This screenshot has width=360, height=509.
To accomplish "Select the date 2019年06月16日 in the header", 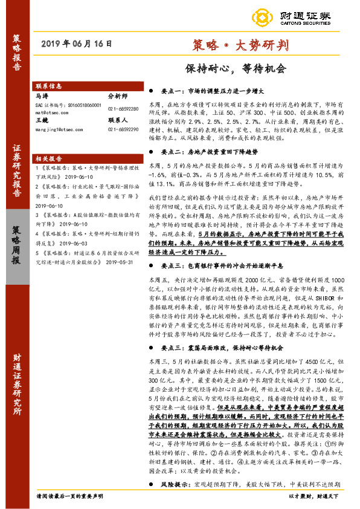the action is [x=78, y=44].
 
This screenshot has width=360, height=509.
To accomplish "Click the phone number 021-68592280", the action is [x=123, y=108].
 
